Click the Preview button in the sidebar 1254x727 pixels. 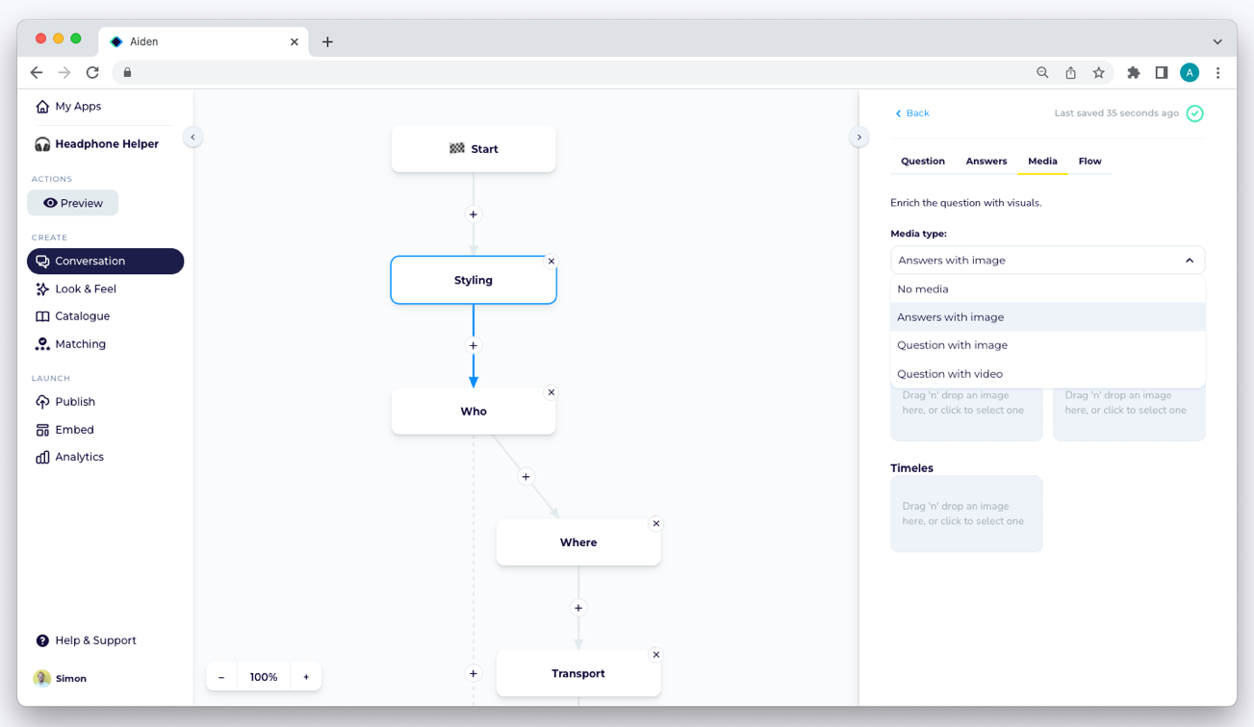coord(73,203)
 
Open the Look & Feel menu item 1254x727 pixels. coord(76,289)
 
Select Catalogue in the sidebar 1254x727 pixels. coord(73,316)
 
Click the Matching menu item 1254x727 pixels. coord(70,344)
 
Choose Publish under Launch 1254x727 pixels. coord(65,402)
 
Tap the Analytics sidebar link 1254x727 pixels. coord(70,457)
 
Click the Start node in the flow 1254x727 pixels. coord(473,149)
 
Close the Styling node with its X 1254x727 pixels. coord(551,262)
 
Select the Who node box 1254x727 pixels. coord(473,411)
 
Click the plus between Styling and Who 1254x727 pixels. coord(473,345)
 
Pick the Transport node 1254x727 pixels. coord(578,673)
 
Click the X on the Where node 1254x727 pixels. coord(656,523)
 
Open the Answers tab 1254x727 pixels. coord(986,161)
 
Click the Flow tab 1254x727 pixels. coord(1090,161)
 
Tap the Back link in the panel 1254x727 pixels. coord(912,113)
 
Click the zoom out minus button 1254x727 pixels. coord(221,677)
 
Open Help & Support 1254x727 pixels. coord(87,640)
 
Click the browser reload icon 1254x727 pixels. coord(92,73)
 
